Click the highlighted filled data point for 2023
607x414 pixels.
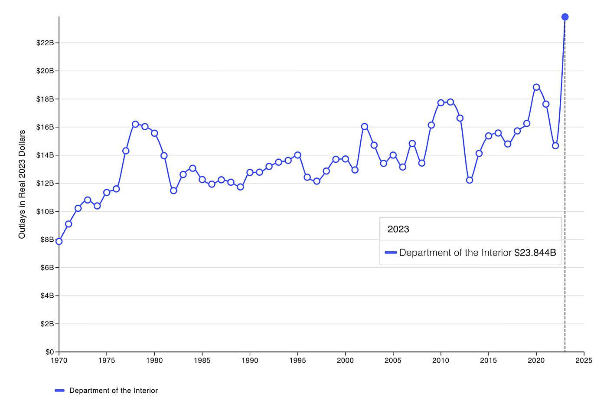(x=565, y=17)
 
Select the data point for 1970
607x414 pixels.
(x=59, y=241)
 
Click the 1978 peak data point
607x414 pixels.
(x=135, y=124)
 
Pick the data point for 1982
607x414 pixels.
(x=173, y=191)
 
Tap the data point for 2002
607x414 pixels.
(x=365, y=127)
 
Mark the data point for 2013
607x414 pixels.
(x=470, y=180)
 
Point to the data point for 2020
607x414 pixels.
(x=536, y=87)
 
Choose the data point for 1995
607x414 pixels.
(x=298, y=155)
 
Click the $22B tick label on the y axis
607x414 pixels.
(x=45, y=43)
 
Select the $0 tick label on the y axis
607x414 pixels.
(x=49, y=352)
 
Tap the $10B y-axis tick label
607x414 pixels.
(x=45, y=211)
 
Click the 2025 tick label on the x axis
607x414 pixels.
(x=584, y=361)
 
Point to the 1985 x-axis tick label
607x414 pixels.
(x=202, y=361)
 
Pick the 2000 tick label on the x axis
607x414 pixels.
(x=346, y=361)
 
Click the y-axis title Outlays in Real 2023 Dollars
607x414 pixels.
(x=22, y=184)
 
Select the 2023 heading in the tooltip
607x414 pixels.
(x=398, y=229)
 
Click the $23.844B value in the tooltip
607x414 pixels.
(x=535, y=253)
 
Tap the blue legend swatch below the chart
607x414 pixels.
(x=60, y=391)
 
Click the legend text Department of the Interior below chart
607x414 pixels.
(x=114, y=391)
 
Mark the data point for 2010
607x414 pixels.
(x=441, y=103)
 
